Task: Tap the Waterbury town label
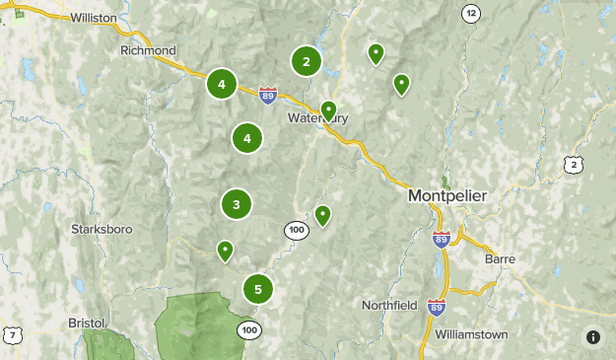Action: (x=317, y=118)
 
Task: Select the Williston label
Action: (x=94, y=18)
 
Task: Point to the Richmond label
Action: (x=148, y=50)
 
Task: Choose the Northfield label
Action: (x=388, y=304)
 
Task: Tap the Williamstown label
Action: (x=471, y=334)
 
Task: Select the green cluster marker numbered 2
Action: (x=307, y=61)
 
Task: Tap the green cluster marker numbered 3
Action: (x=237, y=205)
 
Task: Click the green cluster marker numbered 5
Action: (x=258, y=289)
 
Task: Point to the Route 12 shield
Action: (x=471, y=13)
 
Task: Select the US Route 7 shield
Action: (x=13, y=335)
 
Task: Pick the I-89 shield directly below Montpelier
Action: (x=441, y=239)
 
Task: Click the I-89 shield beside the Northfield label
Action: (x=436, y=308)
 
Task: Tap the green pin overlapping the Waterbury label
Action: (x=329, y=109)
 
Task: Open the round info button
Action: (x=592, y=336)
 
